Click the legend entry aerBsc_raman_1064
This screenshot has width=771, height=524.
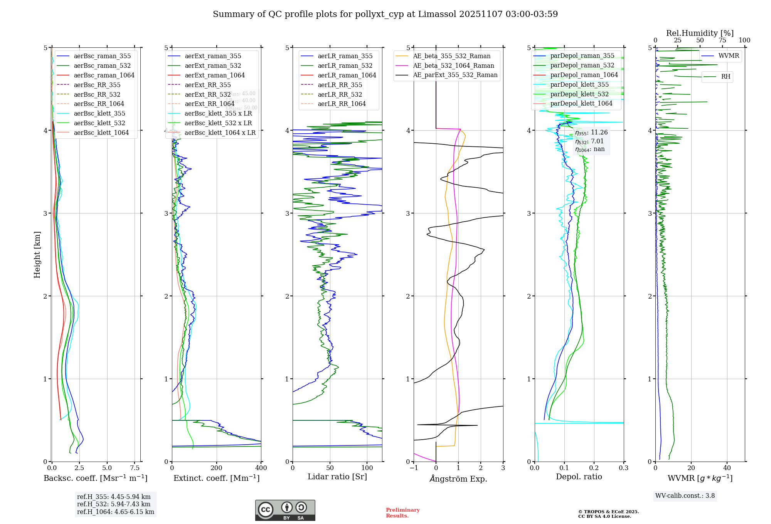pyautogui.click(x=104, y=75)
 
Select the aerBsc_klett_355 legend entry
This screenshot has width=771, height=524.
pyautogui.click(x=99, y=113)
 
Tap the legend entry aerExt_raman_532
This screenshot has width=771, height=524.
pyautogui.click(x=213, y=65)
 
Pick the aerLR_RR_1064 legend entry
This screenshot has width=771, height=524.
pyautogui.click(x=342, y=104)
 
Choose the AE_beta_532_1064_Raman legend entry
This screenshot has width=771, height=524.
pyautogui.click(x=453, y=65)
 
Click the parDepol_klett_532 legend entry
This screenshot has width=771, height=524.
pyautogui.click(x=579, y=94)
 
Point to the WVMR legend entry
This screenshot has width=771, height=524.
pyautogui.click(x=729, y=56)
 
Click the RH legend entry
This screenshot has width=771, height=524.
pyautogui.click(x=726, y=77)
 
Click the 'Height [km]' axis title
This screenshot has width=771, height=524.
pyautogui.click(x=37, y=255)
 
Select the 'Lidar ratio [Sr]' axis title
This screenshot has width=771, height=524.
pyautogui.click(x=337, y=477)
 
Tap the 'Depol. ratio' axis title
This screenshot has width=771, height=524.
pyautogui.click(x=579, y=477)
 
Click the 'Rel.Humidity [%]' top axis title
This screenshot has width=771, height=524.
pyautogui.click(x=700, y=33)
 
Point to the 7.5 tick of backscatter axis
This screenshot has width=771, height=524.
pyautogui.click(x=135, y=468)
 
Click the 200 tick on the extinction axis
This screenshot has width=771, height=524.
pyautogui.click(x=217, y=468)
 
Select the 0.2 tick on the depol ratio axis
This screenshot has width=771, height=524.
pyautogui.click(x=594, y=468)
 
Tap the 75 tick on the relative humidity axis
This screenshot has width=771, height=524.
pyautogui.click(x=722, y=40)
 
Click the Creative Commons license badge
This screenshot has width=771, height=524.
pyautogui.click(x=285, y=510)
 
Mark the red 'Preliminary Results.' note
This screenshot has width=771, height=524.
pyautogui.click(x=402, y=513)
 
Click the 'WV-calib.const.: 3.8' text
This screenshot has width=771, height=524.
pyautogui.click(x=685, y=496)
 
